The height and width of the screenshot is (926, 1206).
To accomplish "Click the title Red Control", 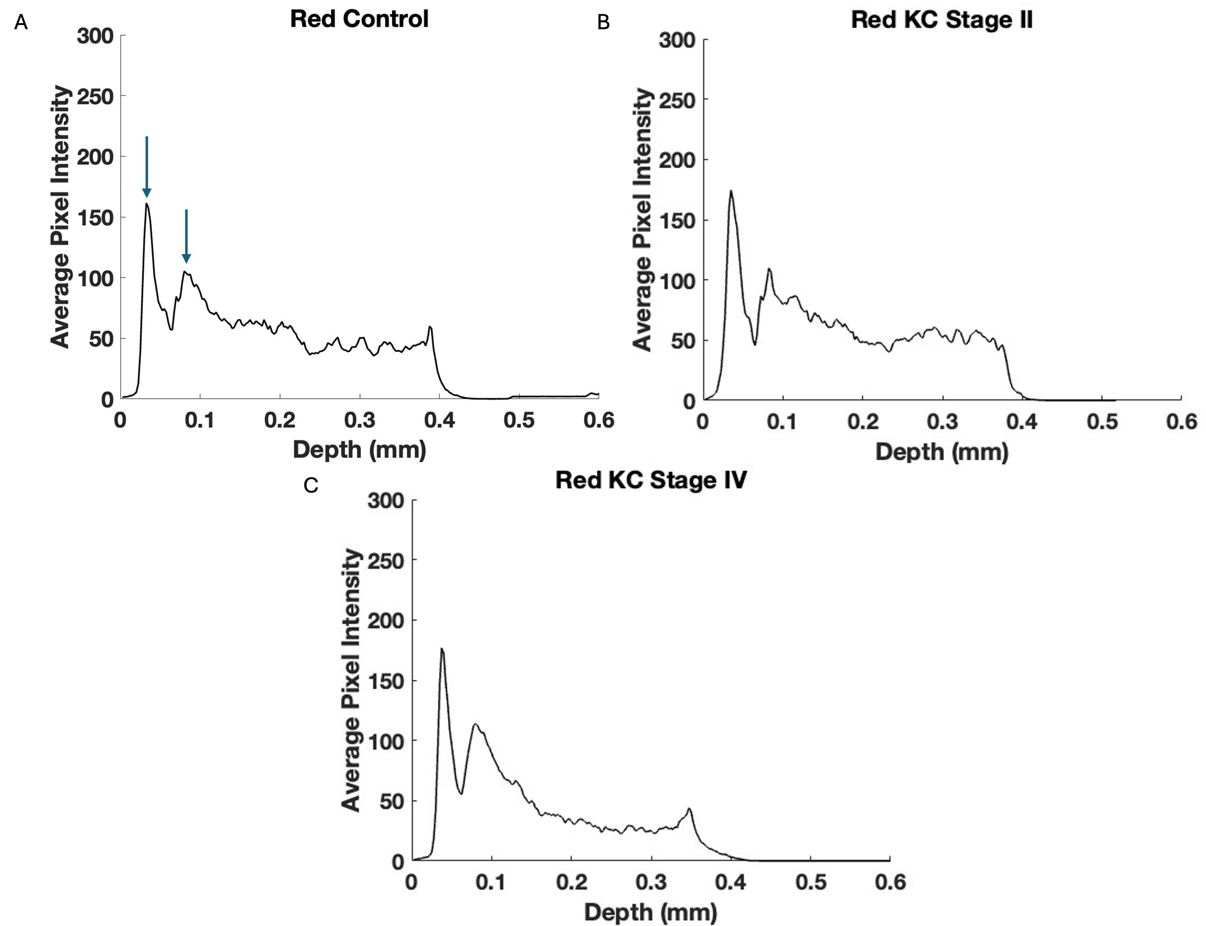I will click(x=359, y=19).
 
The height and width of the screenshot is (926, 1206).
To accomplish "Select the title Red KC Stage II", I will click(x=941, y=20).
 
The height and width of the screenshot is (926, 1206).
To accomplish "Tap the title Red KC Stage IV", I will click(x=651, y=480).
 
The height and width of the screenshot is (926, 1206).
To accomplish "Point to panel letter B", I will click(x=603, y=22).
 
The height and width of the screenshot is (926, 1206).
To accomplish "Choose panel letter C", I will click(x=311, y=485).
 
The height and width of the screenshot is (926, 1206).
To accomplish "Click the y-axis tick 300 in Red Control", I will click(x=95, y=36).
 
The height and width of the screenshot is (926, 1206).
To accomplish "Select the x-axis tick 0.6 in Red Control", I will click(x=599, y=421).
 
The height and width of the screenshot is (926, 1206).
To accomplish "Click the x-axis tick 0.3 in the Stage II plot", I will click(x=942, y=422).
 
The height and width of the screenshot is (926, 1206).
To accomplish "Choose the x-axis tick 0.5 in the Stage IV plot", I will click(x=811, y=883).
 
